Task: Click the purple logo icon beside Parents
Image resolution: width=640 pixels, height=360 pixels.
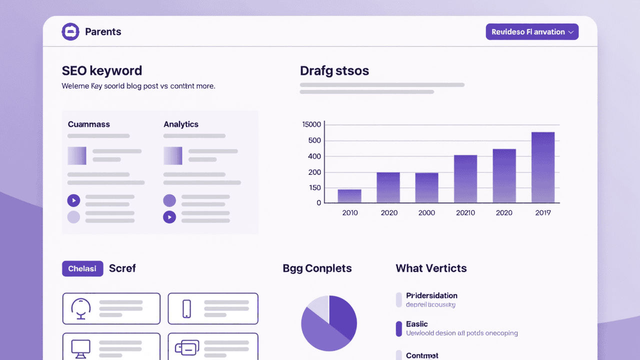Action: click(x=70, y=32)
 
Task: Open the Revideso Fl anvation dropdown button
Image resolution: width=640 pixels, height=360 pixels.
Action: click(x=532, y=32)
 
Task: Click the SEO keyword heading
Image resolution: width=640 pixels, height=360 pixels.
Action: click(x=102, y=70)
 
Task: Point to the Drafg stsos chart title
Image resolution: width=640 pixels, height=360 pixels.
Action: click(x=334, y=71)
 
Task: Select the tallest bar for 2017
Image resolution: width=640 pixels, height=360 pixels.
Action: click(x=542, y=167)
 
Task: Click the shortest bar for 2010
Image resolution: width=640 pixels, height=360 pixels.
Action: click(x=349, y=196)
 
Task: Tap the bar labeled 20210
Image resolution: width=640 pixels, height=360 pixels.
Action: click(x=465, y=179)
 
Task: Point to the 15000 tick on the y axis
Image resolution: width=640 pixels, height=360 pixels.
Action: click(x=312, y=124)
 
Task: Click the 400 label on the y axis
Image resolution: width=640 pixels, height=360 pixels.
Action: click(x=314, y=156)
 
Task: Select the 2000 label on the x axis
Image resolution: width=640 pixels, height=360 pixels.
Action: click(x=426, y=212)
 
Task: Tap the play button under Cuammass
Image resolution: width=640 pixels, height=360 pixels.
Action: click(x=73, y=201)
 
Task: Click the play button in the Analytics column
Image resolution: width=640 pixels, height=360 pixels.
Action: click(x=169, y=217)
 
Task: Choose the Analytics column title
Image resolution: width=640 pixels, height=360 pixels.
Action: click(x=181, y=124)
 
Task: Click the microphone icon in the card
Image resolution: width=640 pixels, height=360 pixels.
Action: click(x=81, y=308)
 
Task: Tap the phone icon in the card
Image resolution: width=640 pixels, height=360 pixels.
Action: click(x=186, y=308)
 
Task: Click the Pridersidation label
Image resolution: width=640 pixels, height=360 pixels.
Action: click(x=431, y=295)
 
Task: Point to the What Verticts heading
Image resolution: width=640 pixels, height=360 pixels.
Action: click(x=431, y=268)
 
